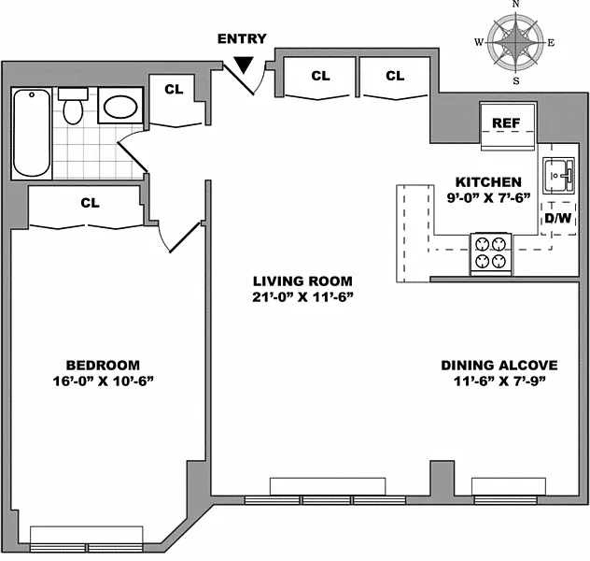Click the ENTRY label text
coord(242,38)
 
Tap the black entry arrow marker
coord(244,65)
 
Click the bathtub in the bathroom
coord(32,134)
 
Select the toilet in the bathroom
coord(73,106)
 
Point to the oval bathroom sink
coord(120,107)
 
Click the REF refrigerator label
coord(506,122)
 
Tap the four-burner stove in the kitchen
coord(491,253)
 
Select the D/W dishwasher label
coord(558,218)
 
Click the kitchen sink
coord(558,176)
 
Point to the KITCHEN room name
coord(488,182)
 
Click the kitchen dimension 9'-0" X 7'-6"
coord(488,198)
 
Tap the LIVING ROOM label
coord(302,281)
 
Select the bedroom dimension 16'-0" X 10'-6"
coord(103,381)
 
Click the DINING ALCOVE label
coord(499,365)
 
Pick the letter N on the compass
coord(516,4)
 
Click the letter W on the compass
coord(479,42)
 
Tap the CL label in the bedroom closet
coord(90,203)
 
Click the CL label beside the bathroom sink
coord(174,90)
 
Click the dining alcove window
coord(506,500)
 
